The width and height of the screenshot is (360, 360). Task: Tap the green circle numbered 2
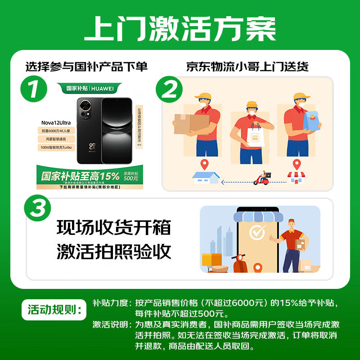(169, 90)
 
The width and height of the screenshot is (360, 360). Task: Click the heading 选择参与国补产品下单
(86, 67)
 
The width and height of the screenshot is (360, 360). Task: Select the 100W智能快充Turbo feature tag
(56, 147)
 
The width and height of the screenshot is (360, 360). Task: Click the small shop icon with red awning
(296, 177)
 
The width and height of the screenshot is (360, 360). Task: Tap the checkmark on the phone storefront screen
(257, 233)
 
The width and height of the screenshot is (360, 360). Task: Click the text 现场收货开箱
(114, 227)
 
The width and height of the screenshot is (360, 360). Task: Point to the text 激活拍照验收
(114, 252)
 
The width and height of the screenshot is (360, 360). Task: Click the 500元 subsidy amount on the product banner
(131, 178)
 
